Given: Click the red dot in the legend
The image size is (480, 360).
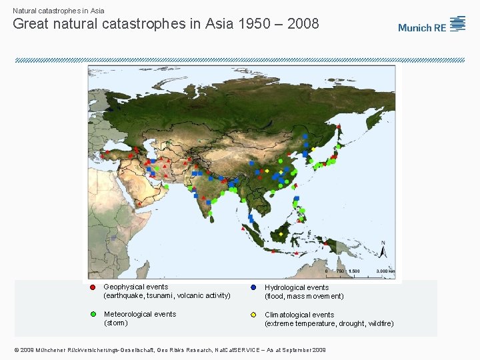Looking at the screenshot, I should (x=93, y=287).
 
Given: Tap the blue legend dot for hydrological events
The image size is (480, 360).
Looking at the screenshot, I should (x=253, y=287).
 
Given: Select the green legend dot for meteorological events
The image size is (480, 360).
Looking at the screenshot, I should (x=93, y=314).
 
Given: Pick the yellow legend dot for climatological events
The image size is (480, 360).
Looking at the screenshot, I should (x=253, y=315).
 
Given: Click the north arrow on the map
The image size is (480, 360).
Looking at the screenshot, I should (x=383, y=251).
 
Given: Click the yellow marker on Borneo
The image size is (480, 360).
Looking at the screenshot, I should (x=281, y=234).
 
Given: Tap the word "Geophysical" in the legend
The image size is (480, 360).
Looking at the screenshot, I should (x=124, y=287).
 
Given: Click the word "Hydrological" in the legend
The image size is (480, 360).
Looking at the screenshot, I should (x=285, y=287).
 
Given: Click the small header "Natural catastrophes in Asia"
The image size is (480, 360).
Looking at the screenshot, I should (x=59, y=11).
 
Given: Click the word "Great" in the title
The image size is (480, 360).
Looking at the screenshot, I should (x=31, y=24).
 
